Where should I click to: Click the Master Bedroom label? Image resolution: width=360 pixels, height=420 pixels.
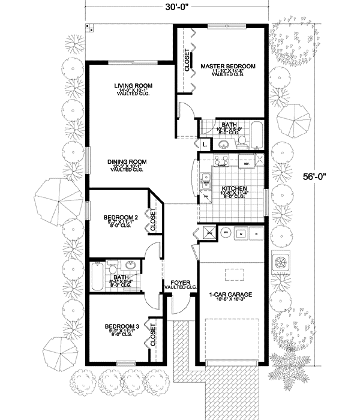click(x=228, y=66)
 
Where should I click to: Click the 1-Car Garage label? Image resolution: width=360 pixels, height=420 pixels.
click(x=230, y=295)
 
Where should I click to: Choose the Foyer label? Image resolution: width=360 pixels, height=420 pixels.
click(x=181, y=282)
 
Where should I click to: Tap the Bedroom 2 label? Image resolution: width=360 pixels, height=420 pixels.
click(x=121, y=217)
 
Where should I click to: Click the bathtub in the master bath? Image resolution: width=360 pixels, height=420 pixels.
click(x=256, y=135)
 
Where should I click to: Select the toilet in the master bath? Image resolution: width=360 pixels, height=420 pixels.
click(x=241, y=140)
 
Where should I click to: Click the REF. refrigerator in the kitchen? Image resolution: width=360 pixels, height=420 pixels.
click(x=246, y=162)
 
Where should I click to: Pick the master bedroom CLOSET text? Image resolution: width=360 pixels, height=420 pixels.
click(x=187, y=60)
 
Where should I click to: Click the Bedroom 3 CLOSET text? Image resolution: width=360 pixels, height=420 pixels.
click(x=154, y=335)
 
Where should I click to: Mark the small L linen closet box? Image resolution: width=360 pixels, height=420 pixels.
click(x=205, y=144)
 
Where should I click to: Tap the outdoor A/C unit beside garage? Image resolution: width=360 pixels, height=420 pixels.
click(x=280, y=262)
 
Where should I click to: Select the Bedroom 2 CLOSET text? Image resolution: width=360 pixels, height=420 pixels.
click(x=152, y=219)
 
